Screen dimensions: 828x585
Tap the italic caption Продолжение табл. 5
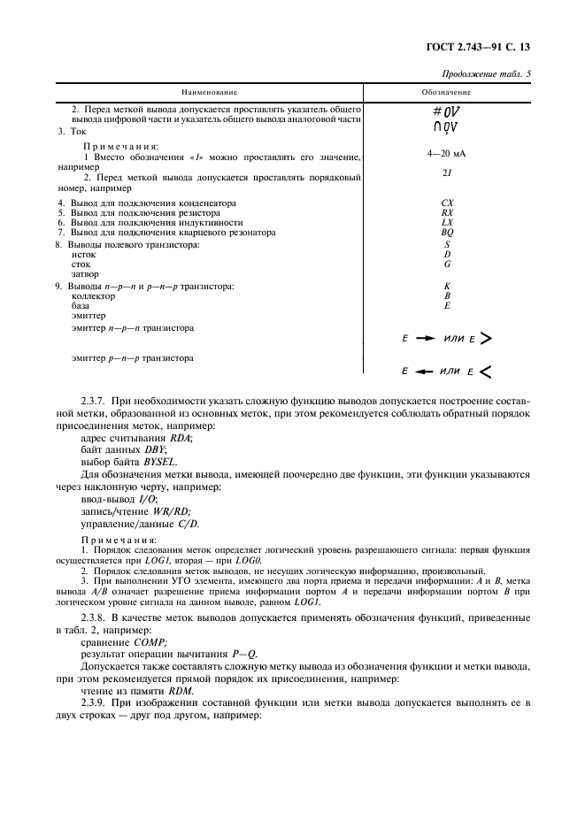click(487, 74)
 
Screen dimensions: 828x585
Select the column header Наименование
click(210, 92)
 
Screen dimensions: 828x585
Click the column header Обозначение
click(446, 92)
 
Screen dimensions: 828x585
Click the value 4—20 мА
click(446, 154)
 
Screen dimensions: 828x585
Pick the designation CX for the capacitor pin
click(447, 203)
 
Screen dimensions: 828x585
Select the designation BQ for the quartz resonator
click(447, 232)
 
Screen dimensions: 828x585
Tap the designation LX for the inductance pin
click(447, 222)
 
